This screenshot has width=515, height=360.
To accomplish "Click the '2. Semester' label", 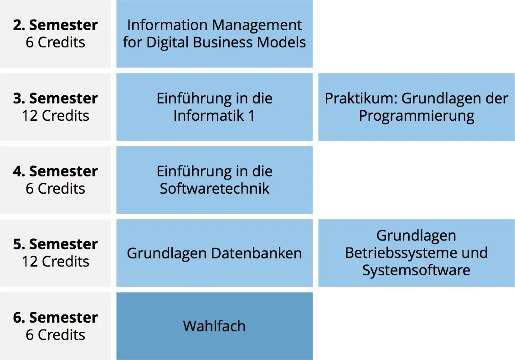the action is tap(55, 25).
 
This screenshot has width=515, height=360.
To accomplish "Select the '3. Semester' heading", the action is tap(55, 98).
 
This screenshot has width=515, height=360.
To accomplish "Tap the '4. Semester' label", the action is tap(55, 171).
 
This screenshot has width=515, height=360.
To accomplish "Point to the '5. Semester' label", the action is tap(55, 244).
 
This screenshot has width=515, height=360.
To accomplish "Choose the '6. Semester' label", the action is tap(55, 317).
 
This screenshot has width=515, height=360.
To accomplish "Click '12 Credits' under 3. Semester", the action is tap(56, 116).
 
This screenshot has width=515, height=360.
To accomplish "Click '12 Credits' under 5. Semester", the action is tap(56, 262).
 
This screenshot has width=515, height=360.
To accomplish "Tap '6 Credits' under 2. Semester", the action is tap(56, 42).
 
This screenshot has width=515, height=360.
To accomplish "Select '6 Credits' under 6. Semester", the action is tap(56, 334).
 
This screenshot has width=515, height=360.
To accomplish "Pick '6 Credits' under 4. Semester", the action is tap(56, 189).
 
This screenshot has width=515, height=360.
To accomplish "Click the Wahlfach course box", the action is tap(215, 326).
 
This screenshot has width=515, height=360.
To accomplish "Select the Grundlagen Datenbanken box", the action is tap(215, 253).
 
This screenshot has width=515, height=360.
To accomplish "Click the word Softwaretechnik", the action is tap(215, 189).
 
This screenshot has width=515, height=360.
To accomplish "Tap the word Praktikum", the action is tap(360, 98).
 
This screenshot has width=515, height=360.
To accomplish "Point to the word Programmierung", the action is tap(417, 116).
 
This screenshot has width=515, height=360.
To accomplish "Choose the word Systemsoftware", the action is tap(416, 270).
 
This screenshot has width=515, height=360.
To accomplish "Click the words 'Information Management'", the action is tap(215, 25).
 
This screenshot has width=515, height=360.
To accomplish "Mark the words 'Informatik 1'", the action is tap(214, 116).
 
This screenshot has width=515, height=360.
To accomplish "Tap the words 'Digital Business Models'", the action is tap(226, 42).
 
